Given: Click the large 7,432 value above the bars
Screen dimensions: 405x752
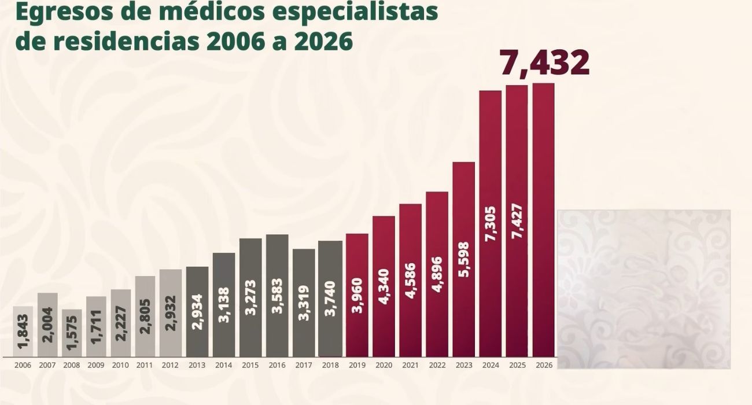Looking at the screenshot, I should click(544, 63).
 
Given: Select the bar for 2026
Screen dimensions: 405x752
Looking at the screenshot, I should click(543, 220).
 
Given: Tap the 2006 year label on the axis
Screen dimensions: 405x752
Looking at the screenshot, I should click(23, 365).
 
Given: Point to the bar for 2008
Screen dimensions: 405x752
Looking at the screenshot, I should click(72, 333).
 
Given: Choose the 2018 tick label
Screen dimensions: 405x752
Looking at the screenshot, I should click(330, 365).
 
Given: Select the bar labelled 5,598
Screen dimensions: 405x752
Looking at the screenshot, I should click(463, 259).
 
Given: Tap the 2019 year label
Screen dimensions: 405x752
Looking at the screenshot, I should click(357, 365).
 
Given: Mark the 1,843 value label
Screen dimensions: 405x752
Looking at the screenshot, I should click(23, 332).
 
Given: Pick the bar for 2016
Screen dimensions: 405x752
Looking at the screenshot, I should click(277, 295).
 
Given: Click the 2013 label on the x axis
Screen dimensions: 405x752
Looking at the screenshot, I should click(197, 365).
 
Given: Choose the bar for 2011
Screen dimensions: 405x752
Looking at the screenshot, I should click(145, 316).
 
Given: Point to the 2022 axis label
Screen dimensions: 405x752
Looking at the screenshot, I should click(437, 365).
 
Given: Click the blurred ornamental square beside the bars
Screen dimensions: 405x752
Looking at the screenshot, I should click(643, 289).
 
